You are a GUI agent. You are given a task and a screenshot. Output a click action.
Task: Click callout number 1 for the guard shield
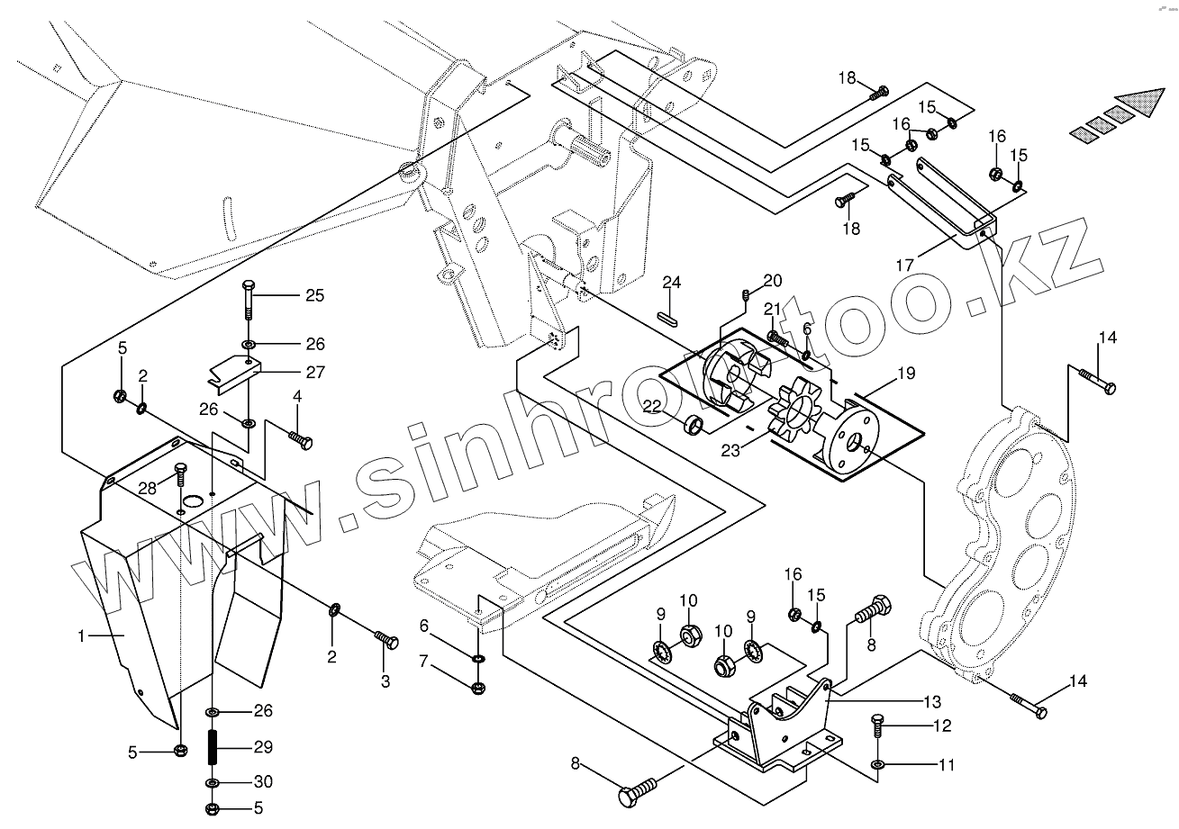(x=82, y=635)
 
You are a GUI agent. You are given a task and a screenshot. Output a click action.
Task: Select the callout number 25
(x=313, y=295)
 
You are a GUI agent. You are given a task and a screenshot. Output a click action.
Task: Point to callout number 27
(x=313, y=371)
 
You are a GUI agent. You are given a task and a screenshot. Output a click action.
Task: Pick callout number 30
(x=262, y=781)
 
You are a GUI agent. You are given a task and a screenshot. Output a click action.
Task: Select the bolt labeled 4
(x=300, y=440)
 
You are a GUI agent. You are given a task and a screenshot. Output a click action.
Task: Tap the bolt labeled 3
(x=386, y=641)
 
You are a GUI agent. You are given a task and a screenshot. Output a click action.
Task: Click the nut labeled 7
(x=478, y=689)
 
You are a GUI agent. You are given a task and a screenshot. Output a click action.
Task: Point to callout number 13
(x=930, y=701)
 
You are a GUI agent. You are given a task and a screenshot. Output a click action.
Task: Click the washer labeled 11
(x=878, y=765)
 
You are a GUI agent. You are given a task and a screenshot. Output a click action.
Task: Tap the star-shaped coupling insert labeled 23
(x=793, y=413)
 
